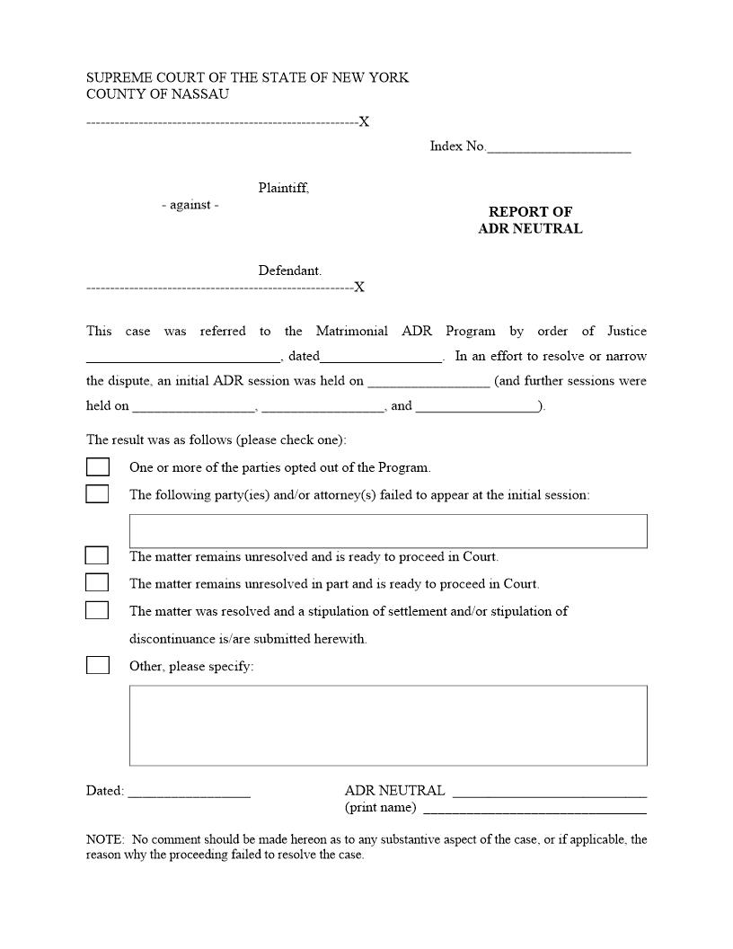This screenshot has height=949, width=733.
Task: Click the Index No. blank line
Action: pyautogui.click(x=558, y=148)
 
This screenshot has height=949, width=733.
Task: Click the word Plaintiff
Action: pyautogui.click(x=283, y=189)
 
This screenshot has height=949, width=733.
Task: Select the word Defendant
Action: pyautogui.click(x=289, y=271)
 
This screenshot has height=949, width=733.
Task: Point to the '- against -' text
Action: pyautogui.click(x=190, y=205)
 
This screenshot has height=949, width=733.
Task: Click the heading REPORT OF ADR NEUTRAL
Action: pyautogui.click(x=530, y=220)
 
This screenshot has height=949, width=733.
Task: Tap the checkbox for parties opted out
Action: pyautogui.click(x=97, y=467)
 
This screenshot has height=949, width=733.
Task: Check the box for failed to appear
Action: pyautogui.click(x=97, y=494)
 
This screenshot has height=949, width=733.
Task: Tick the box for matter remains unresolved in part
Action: pyautogui.click(x=97, y=583)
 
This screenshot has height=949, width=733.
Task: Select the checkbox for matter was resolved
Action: pyautogui.click(x=97, y=611)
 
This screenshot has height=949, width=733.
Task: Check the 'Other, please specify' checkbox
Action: pyautogui.click(x=97, y=666)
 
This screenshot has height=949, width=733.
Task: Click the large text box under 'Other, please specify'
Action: pyautogui.click(x=388, y=725)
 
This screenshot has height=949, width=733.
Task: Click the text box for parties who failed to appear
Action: pyautogui.click(x=388, y=531)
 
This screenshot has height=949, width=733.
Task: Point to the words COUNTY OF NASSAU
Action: pyautogui.click(x=157, y=94)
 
